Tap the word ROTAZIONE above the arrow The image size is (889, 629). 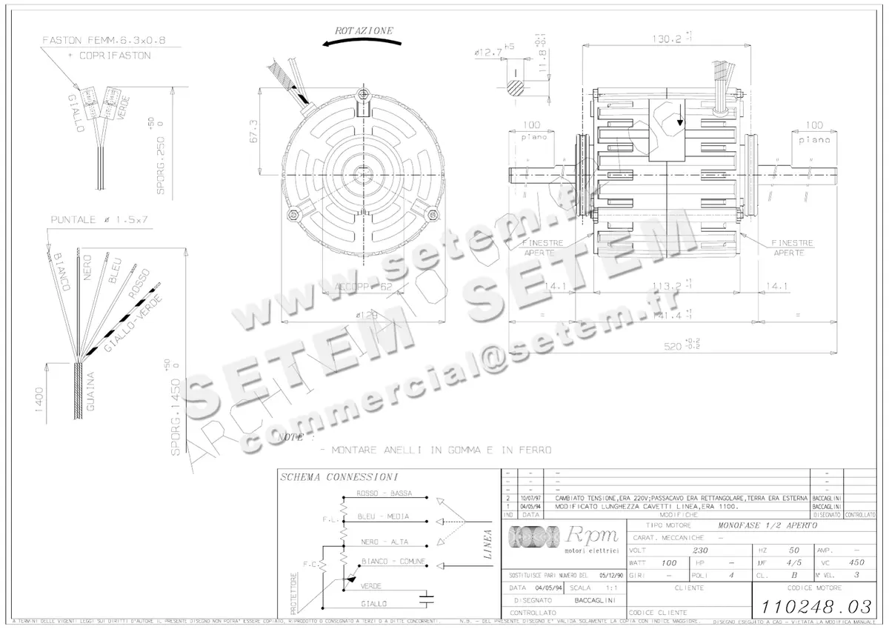(364, 31)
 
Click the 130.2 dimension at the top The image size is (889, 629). (666, 39)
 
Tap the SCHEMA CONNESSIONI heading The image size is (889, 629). (339, 477)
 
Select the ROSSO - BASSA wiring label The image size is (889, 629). (384, 493)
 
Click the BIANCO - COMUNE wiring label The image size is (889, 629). (393, 562)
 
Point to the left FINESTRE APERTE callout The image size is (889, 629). (544, 247)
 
